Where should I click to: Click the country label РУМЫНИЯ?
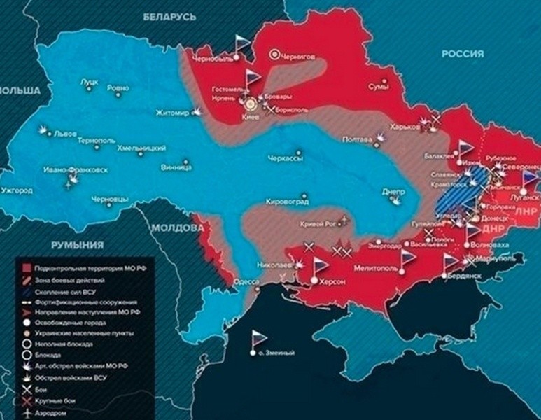[76, 245]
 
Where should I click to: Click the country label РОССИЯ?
[463, 55]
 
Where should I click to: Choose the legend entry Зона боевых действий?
[66, 280]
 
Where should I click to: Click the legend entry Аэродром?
[49, 414]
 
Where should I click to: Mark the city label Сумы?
[379, 87]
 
